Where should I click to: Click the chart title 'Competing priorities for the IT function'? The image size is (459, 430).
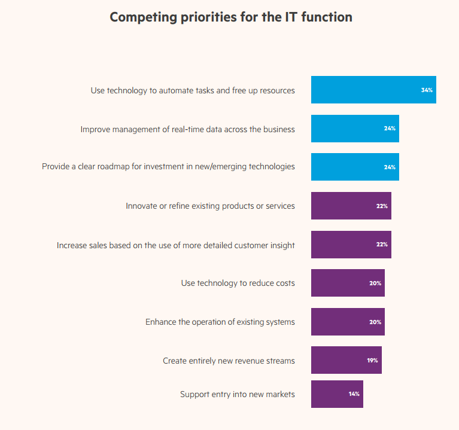pyautogui.click(x=231, y=17)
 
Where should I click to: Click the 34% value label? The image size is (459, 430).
pyautogui.click(x=427, y=90)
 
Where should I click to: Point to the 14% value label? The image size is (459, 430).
pyautogui.click(x=354, y=394)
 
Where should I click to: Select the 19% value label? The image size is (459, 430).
pyautogui.click(x=372, y=361)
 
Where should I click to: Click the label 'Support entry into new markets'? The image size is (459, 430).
pyautogui.click(x=237, y=394)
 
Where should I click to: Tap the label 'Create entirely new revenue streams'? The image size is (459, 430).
pyautogui.click(x=229, y=361)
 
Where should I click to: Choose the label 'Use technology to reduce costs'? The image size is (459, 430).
pyautogui.click(x=238, y=283)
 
